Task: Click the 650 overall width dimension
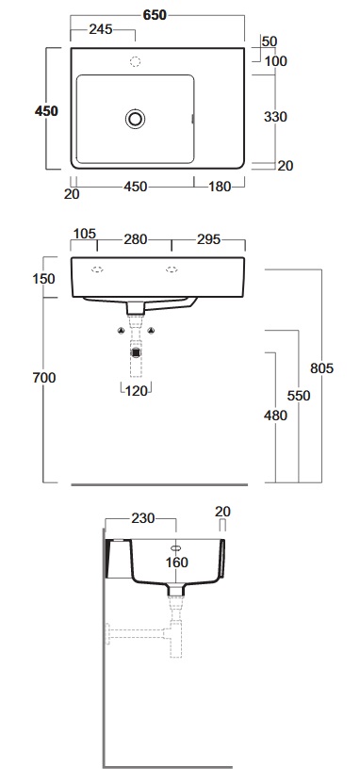(155, 15)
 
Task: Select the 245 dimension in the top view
(100, 29)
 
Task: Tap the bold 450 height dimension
(46, 111)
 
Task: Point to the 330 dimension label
(275, 117)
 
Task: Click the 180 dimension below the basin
(220, 187)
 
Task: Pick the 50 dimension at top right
(270, 41)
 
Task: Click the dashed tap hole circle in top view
(135, 62)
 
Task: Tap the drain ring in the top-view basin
(135, 119)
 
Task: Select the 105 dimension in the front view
(85, 234)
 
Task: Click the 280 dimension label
(136, 239)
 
